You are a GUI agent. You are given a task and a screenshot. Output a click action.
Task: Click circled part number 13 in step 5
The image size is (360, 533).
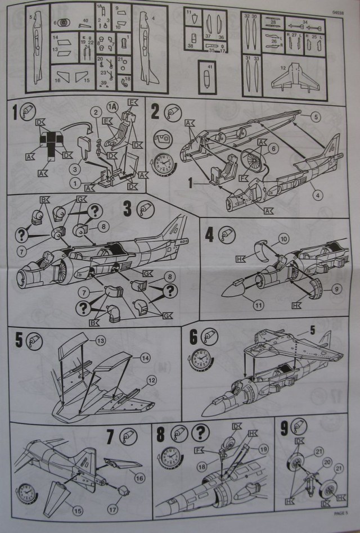(101, 341)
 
